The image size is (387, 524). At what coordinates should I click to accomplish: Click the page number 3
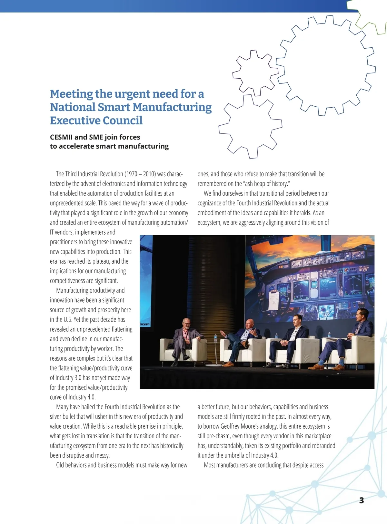point(361,500)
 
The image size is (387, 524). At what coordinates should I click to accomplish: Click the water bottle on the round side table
point(215,338)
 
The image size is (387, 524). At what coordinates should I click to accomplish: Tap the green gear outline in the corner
point(368,15)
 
